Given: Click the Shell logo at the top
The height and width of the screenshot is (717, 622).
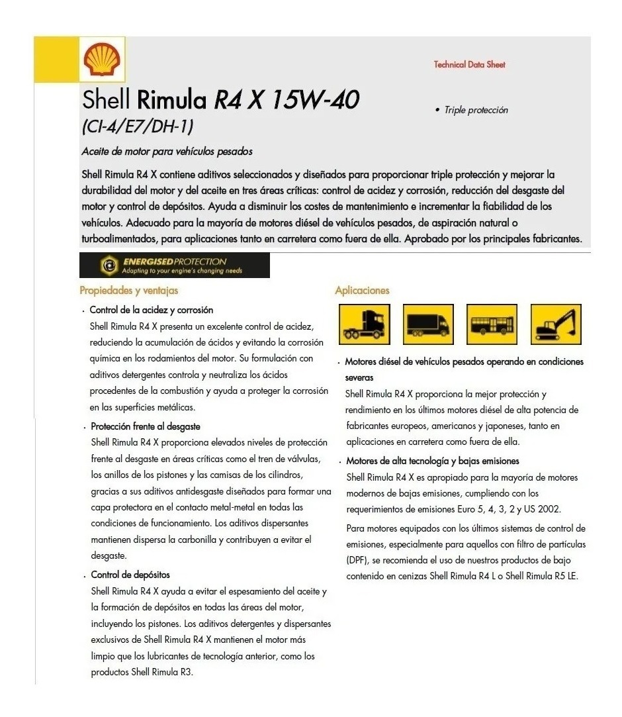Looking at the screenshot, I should point(101,59).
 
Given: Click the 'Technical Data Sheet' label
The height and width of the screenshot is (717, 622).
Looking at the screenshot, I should point(469,64).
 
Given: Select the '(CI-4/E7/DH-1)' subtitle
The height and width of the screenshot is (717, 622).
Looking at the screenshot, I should point(138,124).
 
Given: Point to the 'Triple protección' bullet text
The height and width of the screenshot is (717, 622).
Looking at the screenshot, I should point(476,110).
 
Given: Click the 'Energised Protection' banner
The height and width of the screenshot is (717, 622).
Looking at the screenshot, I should point(174,265).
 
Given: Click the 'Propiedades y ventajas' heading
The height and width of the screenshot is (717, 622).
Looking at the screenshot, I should point(128,290).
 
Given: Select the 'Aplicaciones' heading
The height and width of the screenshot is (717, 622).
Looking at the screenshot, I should point(362,290).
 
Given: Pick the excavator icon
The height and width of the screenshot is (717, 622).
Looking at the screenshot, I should point(557,324).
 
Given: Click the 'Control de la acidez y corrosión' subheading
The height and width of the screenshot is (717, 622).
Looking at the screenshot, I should point(152,310).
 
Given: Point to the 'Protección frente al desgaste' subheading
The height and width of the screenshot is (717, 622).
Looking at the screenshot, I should point(146,426).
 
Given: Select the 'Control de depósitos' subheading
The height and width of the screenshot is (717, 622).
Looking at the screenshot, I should point(130,575).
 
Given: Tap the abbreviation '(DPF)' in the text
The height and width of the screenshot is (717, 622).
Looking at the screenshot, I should point(356,559).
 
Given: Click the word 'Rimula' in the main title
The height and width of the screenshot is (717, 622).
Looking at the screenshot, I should point(172,101).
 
